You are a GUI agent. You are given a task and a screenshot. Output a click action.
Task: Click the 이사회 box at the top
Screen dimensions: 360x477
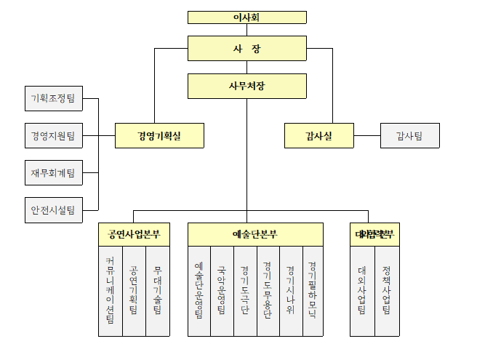(x=246, y=17)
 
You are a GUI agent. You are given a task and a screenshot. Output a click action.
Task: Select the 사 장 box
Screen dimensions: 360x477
(x=246, y=49)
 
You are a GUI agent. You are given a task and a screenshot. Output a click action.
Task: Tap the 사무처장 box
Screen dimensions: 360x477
(x=246, y=86)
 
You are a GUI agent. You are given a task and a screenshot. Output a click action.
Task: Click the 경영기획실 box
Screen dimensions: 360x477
(x=159, y=135)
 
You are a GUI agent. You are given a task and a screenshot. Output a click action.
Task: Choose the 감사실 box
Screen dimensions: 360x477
(x=318, y=135)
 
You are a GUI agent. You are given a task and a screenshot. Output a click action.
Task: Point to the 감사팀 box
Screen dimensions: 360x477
(x=409, y=135)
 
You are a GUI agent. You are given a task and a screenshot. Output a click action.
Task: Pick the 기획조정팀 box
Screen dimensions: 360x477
(x=53, y=98)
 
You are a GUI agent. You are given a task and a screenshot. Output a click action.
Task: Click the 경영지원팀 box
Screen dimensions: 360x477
(x=53, y=135)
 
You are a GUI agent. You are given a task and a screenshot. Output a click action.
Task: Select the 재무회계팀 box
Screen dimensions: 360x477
(x=53, y=173)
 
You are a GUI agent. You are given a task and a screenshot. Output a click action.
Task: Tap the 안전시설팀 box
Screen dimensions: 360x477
(x=53, y=210)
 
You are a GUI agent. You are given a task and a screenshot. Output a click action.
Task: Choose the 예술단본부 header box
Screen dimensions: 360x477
(x=255, y=234)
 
